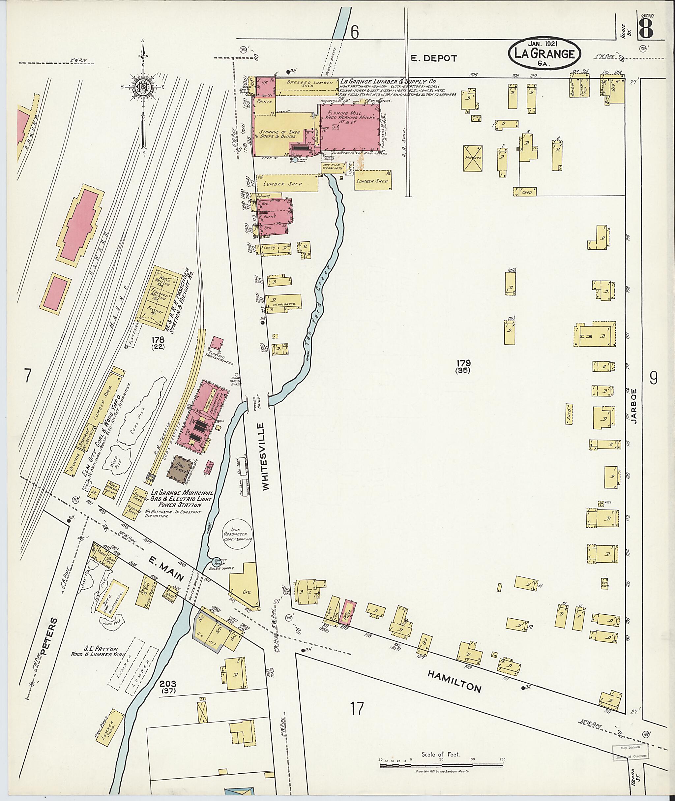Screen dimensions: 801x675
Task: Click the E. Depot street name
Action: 434,58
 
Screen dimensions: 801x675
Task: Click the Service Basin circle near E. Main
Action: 217,562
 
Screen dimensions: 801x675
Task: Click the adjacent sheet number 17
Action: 357,708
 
